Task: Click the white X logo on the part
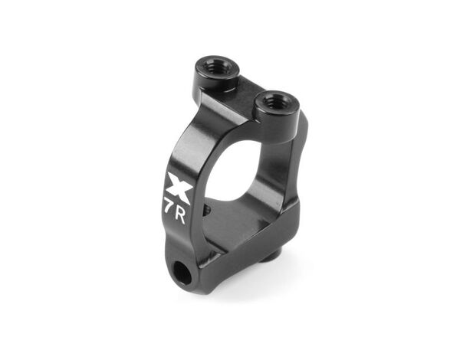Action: click(x=180, y=188)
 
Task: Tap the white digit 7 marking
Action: click(x=169, y=207)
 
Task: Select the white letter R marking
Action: click(x=180, y=217)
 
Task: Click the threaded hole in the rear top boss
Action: click(x=217, y=69)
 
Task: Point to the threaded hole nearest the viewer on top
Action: click(x=276, y=103)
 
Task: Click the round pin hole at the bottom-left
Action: click(x=180, y=273)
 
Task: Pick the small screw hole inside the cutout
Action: click(x=208, y=209)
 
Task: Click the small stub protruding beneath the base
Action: click(x=274, y=251)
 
